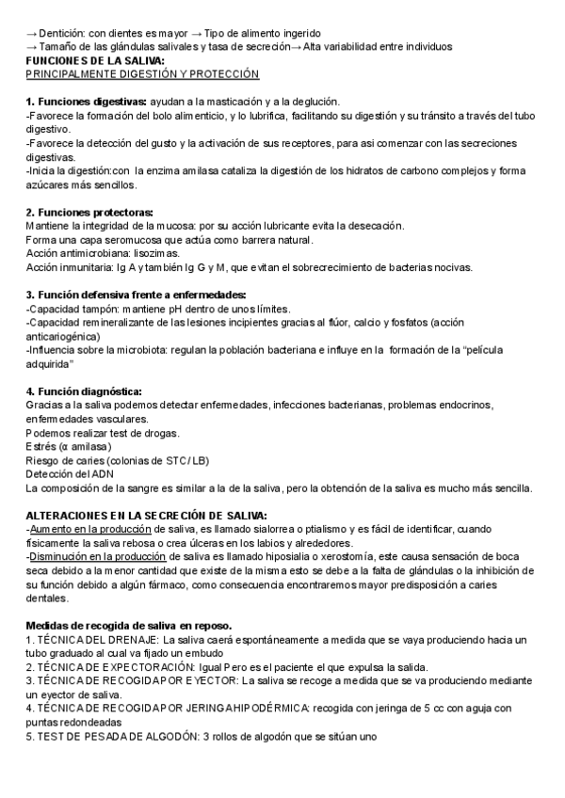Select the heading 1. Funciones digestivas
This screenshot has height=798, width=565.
tap(86, 101)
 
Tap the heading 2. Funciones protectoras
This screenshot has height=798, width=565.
tap(89, 213)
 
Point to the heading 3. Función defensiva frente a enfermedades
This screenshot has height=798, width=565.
tap(136, 295)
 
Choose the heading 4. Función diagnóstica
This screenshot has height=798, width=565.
tap(84, 391)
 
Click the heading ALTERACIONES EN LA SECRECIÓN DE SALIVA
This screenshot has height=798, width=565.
tap(146, 516)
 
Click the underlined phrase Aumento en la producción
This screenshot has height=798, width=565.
tap(86, 530)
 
